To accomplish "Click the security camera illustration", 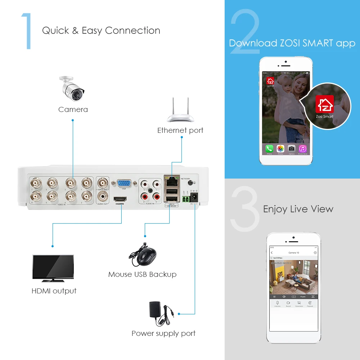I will coord(73,89).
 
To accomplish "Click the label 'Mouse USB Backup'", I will coord(142,274).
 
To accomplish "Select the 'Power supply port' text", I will coord(163,333).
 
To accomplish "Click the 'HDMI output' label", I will coord(54,291).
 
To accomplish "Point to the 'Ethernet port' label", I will coord(180,130).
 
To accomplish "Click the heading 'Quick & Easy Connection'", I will coord(101,31).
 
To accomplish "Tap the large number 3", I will coord(245,209).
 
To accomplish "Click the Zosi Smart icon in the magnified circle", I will coord(324,104).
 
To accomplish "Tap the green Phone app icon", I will coord(269,148).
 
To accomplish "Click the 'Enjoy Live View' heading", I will coord(298,209).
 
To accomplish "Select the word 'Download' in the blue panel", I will coord(253,43).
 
